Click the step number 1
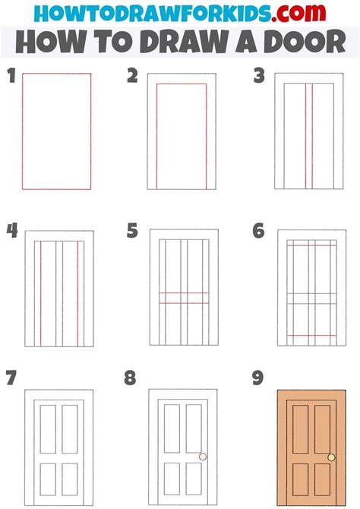[x=11, y=75]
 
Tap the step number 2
[x=132, y=75]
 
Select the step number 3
[x=259, y=75]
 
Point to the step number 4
[x=12, y=231]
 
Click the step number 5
[x=132, y=231]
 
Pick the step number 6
[x=258, y=231]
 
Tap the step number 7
[x=11, y=378]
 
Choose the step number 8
[x=130, y=378]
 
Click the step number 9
[x=257, y=378]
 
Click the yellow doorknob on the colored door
[x=331, y=457]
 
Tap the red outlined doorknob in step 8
[x=203, y=457]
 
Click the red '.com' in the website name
[x=298, y=13]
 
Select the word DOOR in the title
[x=305, y=42]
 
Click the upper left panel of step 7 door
[x=48, y=428]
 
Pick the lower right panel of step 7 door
[x=70, y=479]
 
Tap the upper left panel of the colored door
[x=301, y=429]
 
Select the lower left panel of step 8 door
[x=172, y=479]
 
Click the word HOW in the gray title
[x=52, y=42]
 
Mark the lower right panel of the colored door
[x=322, y=479]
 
